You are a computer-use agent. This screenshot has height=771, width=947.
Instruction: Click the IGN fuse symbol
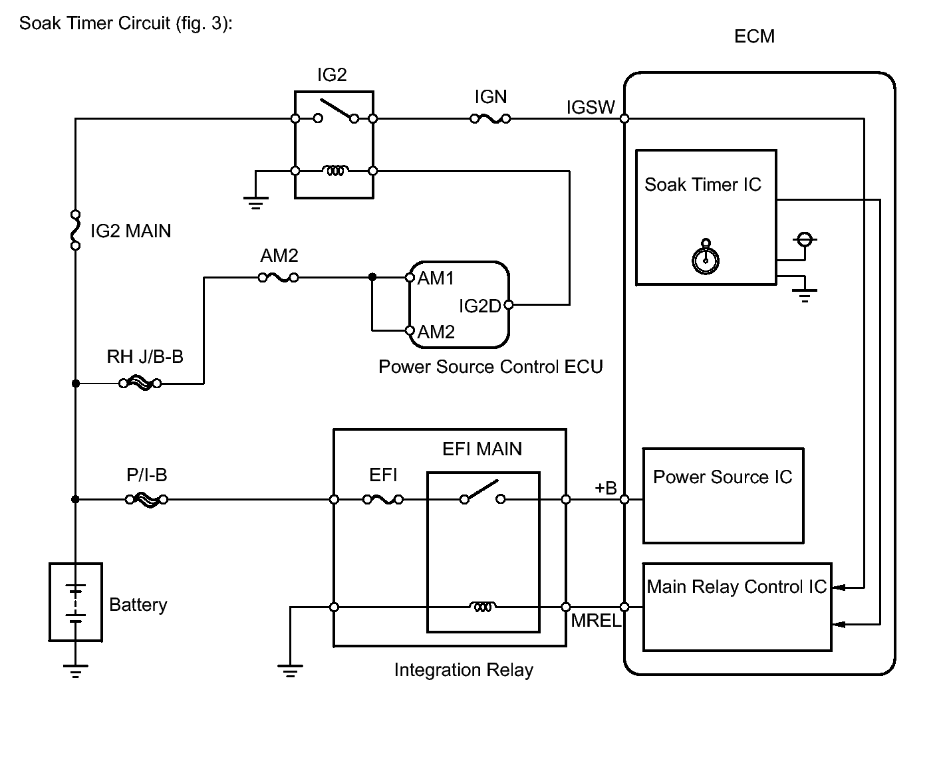coord(490,119)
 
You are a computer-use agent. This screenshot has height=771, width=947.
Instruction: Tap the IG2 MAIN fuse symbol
coord(76,230)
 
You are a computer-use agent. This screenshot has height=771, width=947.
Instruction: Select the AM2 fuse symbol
coord(279,278)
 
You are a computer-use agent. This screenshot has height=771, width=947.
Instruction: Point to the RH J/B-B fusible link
coord(140,383)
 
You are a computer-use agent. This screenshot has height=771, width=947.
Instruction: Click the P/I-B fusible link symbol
coord(146,499)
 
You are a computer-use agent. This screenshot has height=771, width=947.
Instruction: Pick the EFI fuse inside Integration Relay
coord(383,499)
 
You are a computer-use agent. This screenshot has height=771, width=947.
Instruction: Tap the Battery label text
coord(138,605)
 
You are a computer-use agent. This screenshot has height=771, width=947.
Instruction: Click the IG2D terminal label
coord(479,306)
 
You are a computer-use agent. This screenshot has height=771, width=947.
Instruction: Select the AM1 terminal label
coord(436,278)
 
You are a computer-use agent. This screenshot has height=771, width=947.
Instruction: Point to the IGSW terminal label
coord(591,108)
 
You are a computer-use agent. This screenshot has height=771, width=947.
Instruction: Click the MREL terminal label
coord(596,621)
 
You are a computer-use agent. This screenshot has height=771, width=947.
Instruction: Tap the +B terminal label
coord(605,489)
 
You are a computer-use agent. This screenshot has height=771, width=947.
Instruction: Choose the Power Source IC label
coord(722,477)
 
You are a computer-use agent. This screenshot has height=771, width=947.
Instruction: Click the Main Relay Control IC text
coord(736,587)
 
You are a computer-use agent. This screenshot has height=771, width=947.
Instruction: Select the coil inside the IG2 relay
coord(335,171)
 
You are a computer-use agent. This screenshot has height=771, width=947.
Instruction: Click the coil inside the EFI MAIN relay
coord(483,607)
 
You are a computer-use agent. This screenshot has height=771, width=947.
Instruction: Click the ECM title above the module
coord(754,37)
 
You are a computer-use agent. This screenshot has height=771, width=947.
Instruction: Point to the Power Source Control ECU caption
coord(490,367)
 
